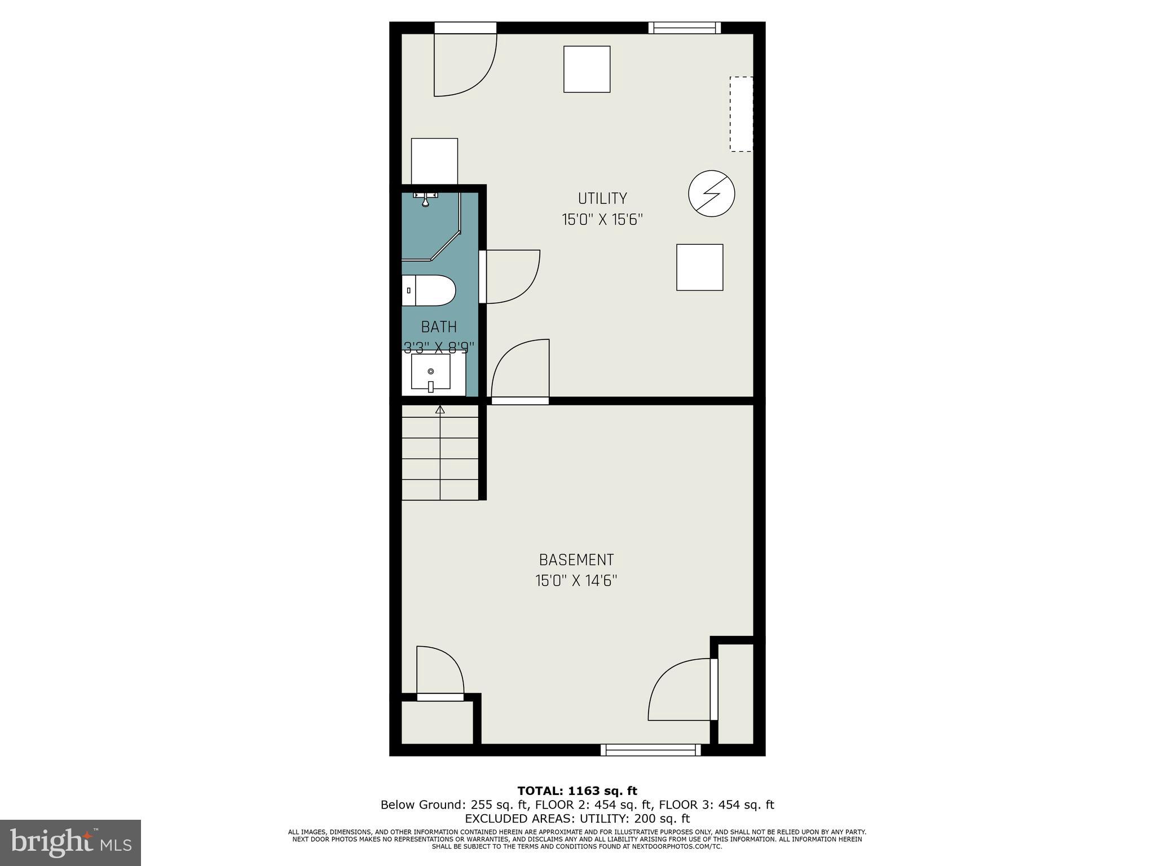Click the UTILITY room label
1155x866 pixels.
[602, 198]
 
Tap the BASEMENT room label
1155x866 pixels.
[576, 560]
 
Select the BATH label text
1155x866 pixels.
[439, 327]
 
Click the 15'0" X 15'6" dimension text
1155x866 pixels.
[602, 220]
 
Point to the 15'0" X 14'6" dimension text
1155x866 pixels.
[576, 581]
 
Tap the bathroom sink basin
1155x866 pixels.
[431, 372]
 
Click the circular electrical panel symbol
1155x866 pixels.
[711, 193]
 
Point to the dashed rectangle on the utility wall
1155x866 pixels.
[741, 114]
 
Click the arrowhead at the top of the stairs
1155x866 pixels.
[440, 410]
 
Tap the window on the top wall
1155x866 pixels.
[684, 28]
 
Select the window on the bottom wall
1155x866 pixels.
[650, 750]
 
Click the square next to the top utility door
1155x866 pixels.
[587, 69]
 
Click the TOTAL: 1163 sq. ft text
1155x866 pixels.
[577, 791]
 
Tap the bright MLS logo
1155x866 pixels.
[70, 842]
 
